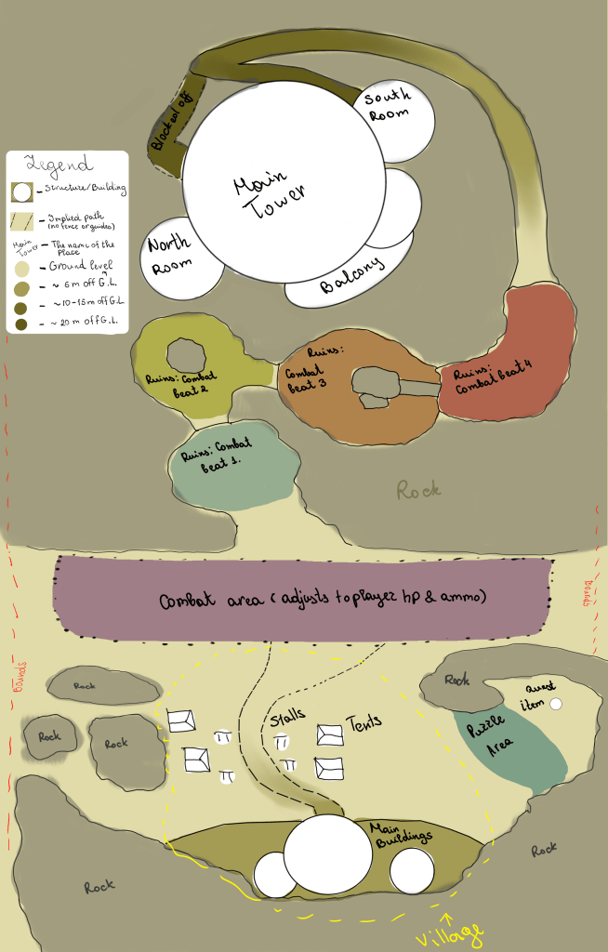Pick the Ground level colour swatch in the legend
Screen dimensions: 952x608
point(21,264)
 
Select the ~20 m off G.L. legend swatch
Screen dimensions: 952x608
point(21,324)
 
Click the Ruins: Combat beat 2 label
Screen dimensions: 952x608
point(182,384)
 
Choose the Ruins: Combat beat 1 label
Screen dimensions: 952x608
point(216,457)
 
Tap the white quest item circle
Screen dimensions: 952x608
point(556,705)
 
